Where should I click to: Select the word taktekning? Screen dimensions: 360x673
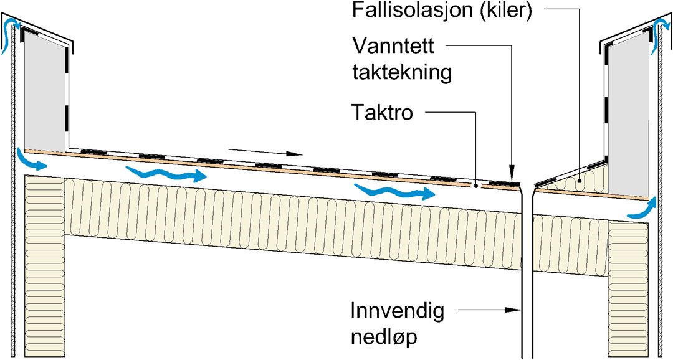point(401,72)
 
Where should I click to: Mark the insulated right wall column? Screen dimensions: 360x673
point(628,287)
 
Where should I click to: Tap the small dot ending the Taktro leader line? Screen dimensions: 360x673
point(475,186)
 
